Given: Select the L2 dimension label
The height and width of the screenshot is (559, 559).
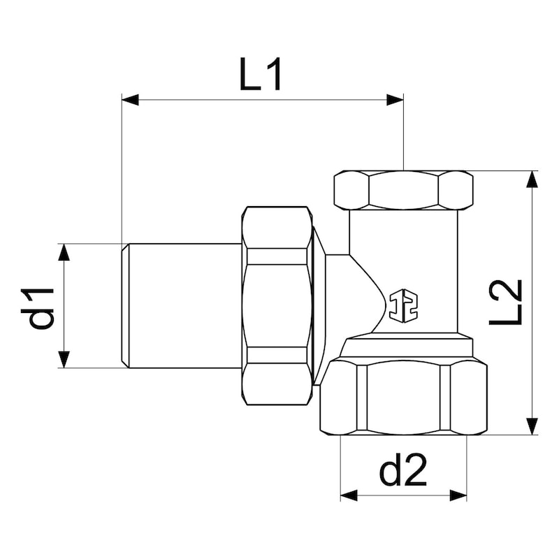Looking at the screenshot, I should (506, 302).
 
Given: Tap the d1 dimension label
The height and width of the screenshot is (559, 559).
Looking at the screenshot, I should (41, 307).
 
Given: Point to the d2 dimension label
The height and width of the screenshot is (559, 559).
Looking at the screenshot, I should (403, 472).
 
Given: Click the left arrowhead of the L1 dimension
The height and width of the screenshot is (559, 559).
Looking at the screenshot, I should (130, 100).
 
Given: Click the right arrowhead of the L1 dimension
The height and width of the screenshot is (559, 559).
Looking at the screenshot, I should (395, 100).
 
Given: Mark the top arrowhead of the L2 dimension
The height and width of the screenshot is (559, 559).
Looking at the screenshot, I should (532, 179).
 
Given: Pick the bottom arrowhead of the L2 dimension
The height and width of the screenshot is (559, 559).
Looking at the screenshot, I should (532, 426).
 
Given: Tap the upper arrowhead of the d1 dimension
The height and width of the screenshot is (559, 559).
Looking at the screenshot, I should (64, 252).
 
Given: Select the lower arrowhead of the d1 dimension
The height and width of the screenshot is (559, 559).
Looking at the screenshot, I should (64, 359).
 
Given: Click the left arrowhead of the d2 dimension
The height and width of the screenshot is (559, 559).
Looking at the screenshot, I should (349, 495).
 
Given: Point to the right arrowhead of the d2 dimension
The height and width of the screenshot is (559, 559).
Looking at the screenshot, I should (458, 495).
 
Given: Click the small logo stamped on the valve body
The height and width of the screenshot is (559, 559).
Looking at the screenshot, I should (403, 305).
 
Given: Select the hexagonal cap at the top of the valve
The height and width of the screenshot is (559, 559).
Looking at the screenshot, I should (403, 189).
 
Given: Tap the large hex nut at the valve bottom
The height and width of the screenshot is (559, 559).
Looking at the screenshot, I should (403, 395).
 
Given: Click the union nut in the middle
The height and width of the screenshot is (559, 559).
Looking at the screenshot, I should (277, 305).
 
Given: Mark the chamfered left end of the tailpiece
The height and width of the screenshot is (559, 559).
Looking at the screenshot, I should (125, 305).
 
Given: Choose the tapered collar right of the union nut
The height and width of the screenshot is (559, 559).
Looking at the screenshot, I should (319, 305).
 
